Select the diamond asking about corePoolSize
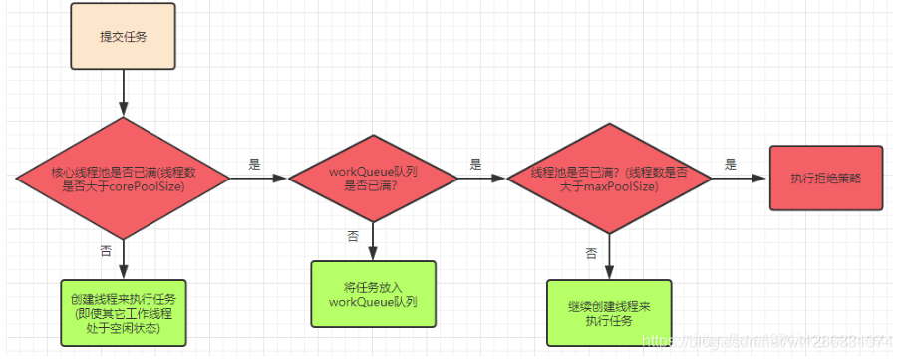point(123,179)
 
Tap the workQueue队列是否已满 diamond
point(373,179)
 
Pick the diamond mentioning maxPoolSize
point(609,179)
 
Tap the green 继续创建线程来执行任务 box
point(608,313)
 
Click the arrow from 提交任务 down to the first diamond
point(123,96)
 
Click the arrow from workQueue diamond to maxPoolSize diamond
point(483,179)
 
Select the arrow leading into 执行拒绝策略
point(741,178)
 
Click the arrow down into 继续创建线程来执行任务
point(609,259)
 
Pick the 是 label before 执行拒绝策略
point(731,163)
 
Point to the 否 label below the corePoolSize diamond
point(106,252)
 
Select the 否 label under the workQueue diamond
point(353,236)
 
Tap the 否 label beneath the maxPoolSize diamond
point(591,253)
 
